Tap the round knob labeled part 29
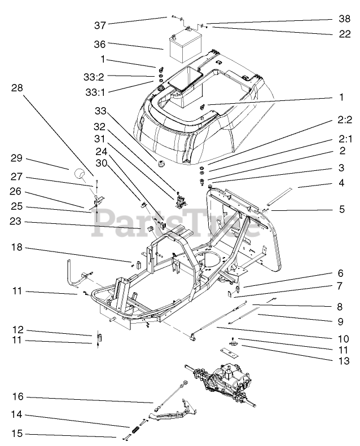coord(80,174)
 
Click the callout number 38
coord(344,19)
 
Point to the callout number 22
coord(344,34)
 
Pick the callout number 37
coord(100,25)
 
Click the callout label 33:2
coord(94,77)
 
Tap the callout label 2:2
coord(345,120)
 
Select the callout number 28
coord(17,88)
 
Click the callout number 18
coord(17,247)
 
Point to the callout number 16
coord(17,396)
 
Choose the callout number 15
coord(17,433)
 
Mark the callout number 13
coord(344,361)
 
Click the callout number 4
coord(341,183)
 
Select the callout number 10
coord(344,339)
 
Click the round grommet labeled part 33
coord(161,165)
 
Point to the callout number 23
coord(15,221)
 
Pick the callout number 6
coord(341,273)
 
